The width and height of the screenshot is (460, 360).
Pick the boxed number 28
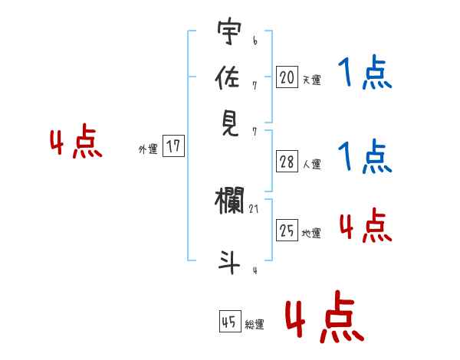coord(287,161)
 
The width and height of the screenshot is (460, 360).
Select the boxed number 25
coord(287,230)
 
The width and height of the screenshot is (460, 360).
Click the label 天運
coord(311,80)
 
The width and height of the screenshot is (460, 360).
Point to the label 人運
coord(311,164)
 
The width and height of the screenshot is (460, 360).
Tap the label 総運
coord(255,325)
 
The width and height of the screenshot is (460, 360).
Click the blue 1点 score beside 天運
coord(364,74)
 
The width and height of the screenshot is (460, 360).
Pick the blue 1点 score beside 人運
coord(364,157)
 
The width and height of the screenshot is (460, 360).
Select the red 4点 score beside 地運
coord(364,225)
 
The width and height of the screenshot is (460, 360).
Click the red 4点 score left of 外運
coord(76,143)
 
